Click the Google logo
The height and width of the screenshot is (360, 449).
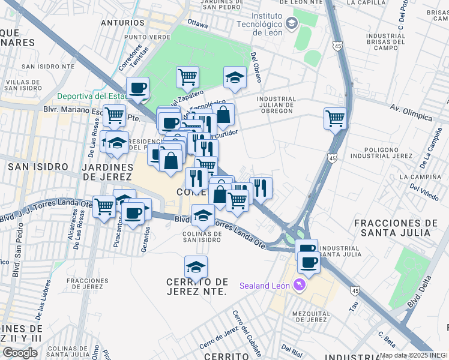[20, 353]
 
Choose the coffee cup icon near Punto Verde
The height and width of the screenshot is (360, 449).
[138, 88]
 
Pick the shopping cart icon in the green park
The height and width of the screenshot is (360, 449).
[187, 77]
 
